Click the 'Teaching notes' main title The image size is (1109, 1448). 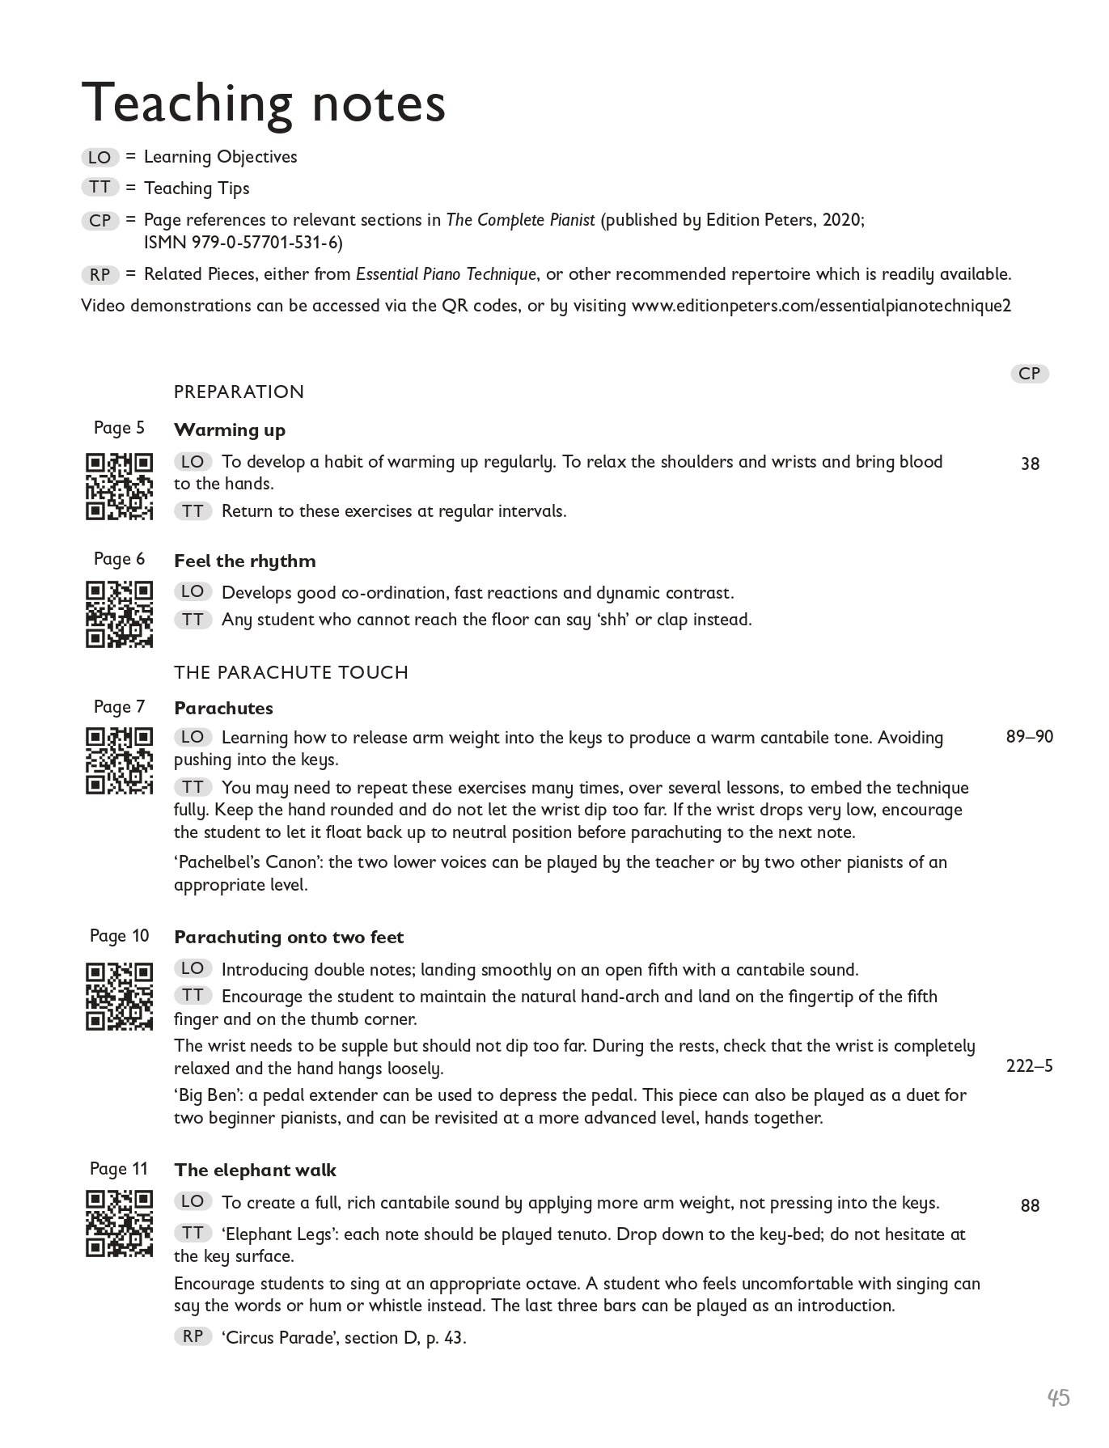(x=264, y=103)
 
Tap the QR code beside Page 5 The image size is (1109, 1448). (x=120, y=486)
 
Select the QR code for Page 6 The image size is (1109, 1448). (x=120, y=614)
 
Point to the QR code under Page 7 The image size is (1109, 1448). (x=120, y=761)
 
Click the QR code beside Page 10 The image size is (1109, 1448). (x=120, y=996)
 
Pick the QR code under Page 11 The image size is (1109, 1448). (x=120, y=1223)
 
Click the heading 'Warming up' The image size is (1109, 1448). (x=230, y=430)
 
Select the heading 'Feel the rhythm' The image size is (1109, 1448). (x=244, y=561)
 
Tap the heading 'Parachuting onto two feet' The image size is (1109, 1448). (x=289, y=938)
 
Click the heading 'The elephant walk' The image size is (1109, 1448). (x=255, y=1171)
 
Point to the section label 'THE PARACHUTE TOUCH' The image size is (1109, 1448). (x=291, y=672)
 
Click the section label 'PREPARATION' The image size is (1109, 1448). (x=239, y=392)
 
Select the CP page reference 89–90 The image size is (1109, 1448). (x=1030, y=737)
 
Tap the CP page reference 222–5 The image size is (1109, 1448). (x=1030, y=1066)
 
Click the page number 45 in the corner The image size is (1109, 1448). (x=1058, y=1398)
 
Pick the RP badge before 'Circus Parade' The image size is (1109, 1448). (x=193, y=1336)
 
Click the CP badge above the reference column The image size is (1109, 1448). (x=1030, y=374)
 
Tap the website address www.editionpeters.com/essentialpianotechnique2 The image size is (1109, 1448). (x=821, y=306)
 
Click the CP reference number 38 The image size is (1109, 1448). (x=1030, y=464)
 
